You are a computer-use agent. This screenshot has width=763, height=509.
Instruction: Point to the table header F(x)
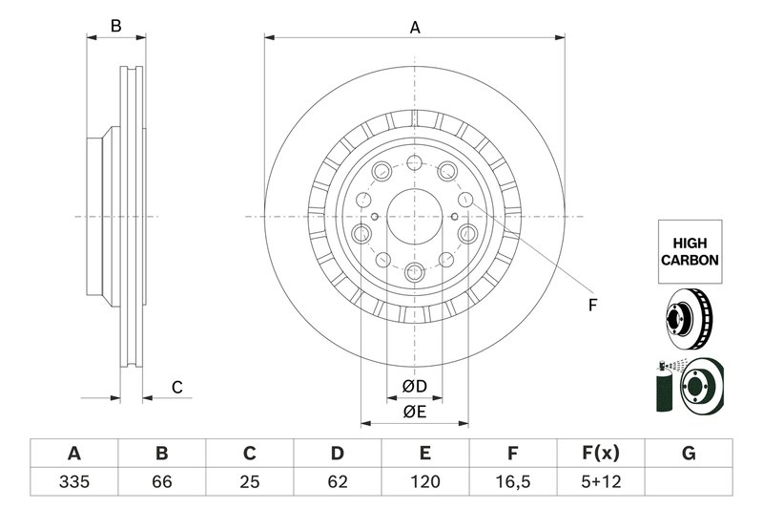pos(601,453)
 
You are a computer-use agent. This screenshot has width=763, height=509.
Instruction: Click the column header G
pos(689,453)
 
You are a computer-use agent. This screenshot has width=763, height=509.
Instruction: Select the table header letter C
pos(249,453)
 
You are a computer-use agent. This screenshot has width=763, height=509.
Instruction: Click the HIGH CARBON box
pos(689,251)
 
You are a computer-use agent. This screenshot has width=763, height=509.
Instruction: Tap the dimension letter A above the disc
pos(415,28)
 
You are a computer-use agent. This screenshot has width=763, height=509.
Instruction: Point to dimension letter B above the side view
pos(115,27)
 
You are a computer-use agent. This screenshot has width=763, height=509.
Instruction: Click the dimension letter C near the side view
pos(176,387)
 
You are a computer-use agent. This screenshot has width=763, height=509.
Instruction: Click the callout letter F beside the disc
pos(591,306)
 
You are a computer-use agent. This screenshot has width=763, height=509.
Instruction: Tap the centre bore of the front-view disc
pos(415,217)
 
